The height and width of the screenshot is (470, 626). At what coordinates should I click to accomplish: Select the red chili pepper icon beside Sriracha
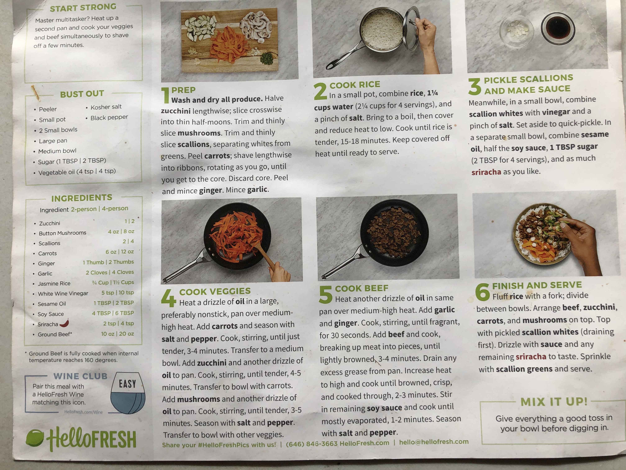tap(65, 323)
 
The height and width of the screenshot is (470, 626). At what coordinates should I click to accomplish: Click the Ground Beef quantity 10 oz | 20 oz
tap(117, 334)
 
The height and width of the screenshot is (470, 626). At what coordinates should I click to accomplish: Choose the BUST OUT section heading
tap(82, 94)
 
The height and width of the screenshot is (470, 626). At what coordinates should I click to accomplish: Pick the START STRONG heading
tap(83, 8)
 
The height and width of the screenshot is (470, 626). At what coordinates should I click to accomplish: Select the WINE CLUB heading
tap(81, 376)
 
